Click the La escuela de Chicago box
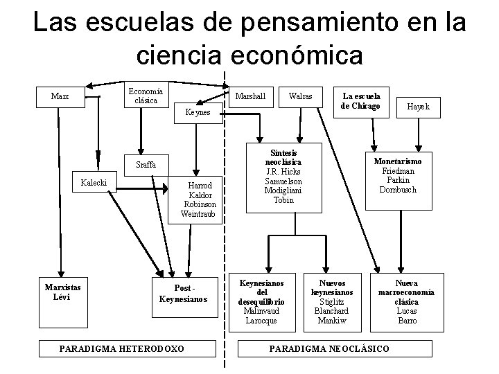(361, 100)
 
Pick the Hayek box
(418, 106)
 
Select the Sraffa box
(147, 165)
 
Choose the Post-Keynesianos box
(183, 294)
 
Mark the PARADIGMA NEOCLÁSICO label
(329, 348)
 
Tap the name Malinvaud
(261, 311)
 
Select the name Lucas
(407, 311)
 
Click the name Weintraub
(198, 214)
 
